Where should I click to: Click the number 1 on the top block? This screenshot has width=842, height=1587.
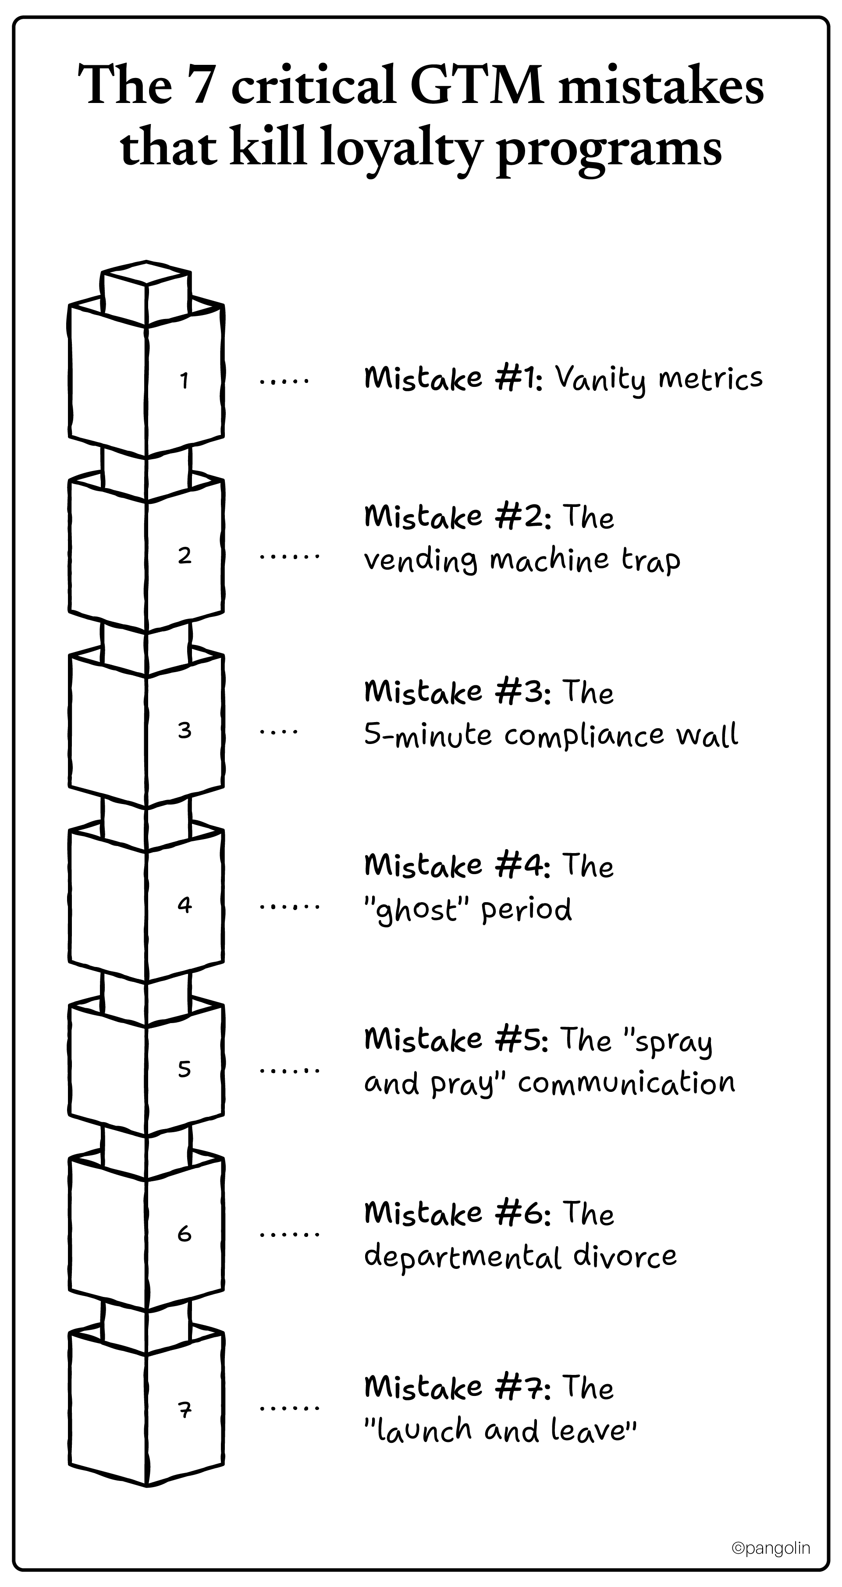pos(184,381)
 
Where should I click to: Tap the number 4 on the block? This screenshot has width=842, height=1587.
pos(184,905)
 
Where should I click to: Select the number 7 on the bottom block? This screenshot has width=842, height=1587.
pos(184,1409)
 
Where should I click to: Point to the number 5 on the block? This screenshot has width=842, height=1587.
pos(184,1069)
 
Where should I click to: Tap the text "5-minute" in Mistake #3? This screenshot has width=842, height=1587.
pos(428,735)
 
